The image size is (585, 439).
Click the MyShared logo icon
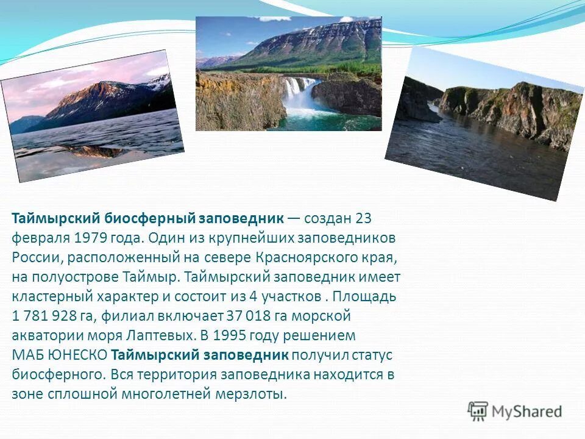coord(478,412)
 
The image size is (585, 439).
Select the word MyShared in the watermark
coord(526,412)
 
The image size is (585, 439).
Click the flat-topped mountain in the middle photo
coord(317,40)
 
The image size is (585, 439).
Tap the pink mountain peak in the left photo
coord(97,91)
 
